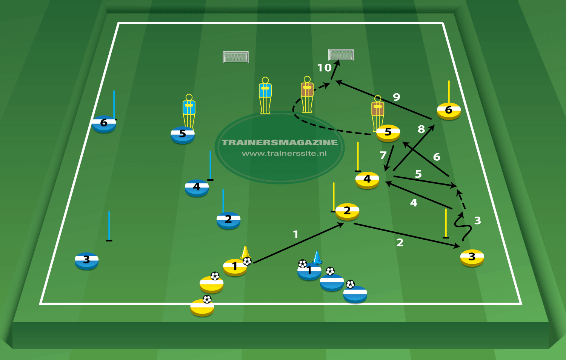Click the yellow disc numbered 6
click(449, 111)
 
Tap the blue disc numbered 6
click(104, 124)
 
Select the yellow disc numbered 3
click(472, 258)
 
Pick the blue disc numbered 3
click(86, 260)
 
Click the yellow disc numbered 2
click(347, 211)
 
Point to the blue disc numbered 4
click(197, 188)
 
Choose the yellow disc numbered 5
click(388, 133)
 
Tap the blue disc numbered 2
click(228, 220)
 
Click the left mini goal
click(236, 57)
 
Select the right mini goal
click(341, 55)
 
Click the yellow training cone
click(245, 252)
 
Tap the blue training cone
click(317, 257)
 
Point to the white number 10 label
click(324, 68)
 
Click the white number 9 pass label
click(396, 97)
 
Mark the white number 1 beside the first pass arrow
click(296, 235)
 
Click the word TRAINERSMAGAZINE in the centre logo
click(280, 143)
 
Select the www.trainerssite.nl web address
click(284, 154)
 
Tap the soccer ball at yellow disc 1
click(247, 261)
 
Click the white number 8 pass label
click(421, 129)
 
